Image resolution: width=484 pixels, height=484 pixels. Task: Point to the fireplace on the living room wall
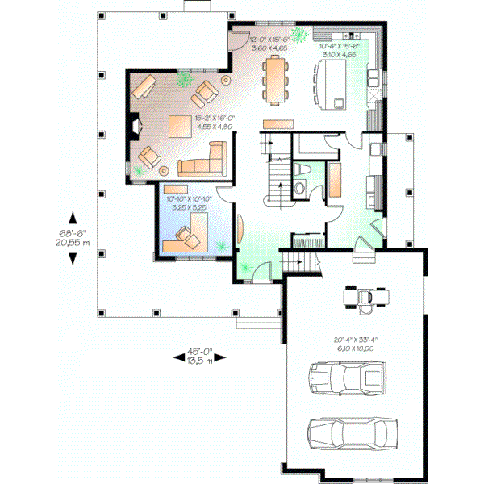coord(136,126)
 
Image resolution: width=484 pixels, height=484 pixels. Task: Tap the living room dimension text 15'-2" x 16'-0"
coord(214,123)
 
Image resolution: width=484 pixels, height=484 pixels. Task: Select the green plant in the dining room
coord(300,35)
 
